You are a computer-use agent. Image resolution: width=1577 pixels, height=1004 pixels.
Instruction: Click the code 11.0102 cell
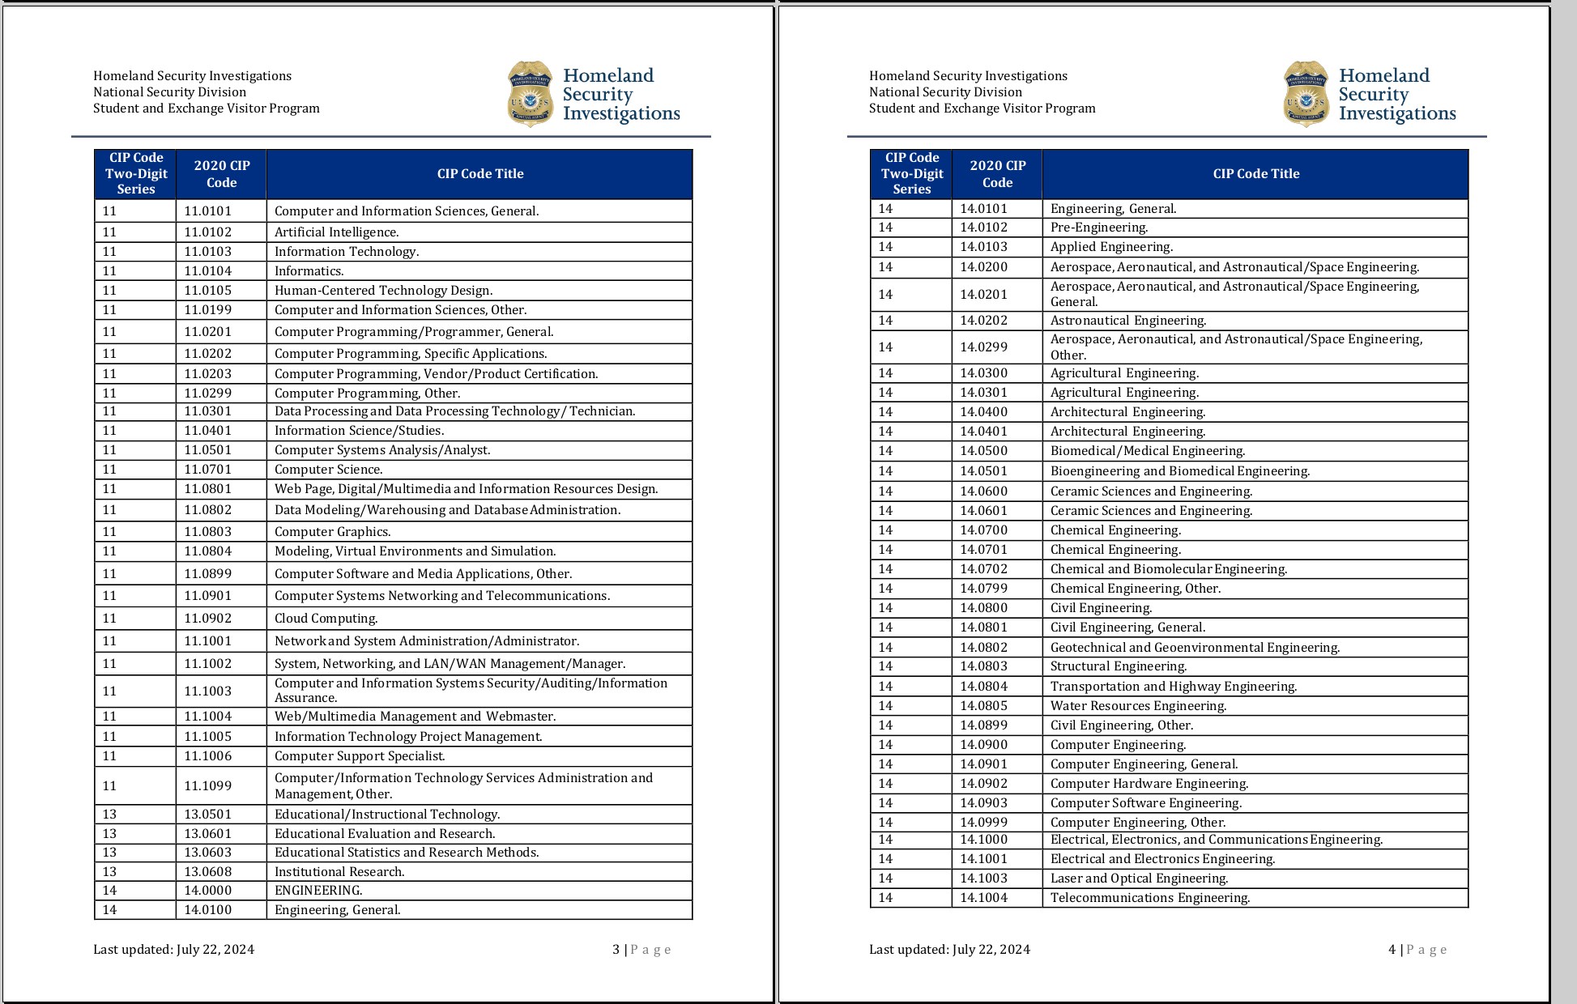[x=207, y=232]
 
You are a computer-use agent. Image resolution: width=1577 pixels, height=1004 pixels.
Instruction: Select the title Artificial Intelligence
[x=336, y=232]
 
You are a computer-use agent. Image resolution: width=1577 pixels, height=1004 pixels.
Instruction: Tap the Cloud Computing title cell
[x=326, y=619]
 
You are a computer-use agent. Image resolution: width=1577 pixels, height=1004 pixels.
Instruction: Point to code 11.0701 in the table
[x=207, y=470]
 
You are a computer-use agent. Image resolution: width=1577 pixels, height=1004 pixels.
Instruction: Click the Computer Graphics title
[x=332, y=532]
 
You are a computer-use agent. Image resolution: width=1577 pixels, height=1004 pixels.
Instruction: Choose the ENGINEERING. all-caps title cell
[x=318, y=891]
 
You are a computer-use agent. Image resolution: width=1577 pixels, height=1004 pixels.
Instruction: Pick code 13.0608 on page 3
[x=207, y=872]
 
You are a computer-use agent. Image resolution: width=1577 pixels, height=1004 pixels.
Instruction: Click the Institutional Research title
[x=339, y=872]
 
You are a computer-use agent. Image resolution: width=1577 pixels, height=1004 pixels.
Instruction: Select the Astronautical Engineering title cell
[x=1128, y=321]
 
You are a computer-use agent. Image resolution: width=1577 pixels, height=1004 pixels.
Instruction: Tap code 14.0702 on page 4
[x=983, y=569]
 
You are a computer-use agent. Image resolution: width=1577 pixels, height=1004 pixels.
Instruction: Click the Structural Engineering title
[x=1119, y=666]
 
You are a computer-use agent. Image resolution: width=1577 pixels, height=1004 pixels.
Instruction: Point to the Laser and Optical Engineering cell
[x=1139, y=878]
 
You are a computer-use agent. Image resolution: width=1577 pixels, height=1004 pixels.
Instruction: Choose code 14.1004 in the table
[x=983, y=898]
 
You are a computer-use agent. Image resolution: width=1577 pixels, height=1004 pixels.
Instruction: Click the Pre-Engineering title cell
[x=1099, y=228]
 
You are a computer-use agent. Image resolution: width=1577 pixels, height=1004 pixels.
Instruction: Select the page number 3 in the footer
[x=616, y=950]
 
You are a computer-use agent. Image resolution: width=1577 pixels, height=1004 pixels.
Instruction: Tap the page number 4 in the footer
[x=1392, y=950]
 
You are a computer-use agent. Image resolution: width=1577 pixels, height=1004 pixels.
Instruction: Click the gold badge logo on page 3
[x=530, y=94]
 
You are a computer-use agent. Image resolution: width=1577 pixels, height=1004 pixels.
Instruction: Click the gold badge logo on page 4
[x=1306, y=94]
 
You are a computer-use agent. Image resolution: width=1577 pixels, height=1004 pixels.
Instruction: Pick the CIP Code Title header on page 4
[x=1255, y=174]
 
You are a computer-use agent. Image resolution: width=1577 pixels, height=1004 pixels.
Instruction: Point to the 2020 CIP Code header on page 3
[x=221, y=174]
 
